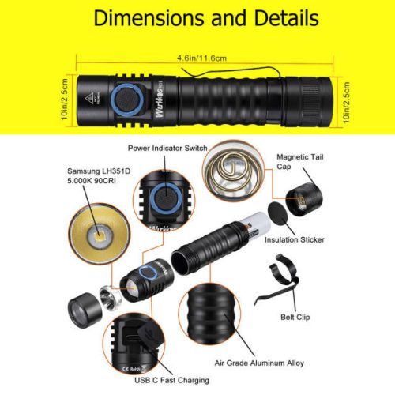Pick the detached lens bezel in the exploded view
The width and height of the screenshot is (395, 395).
tap(84, 309)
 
